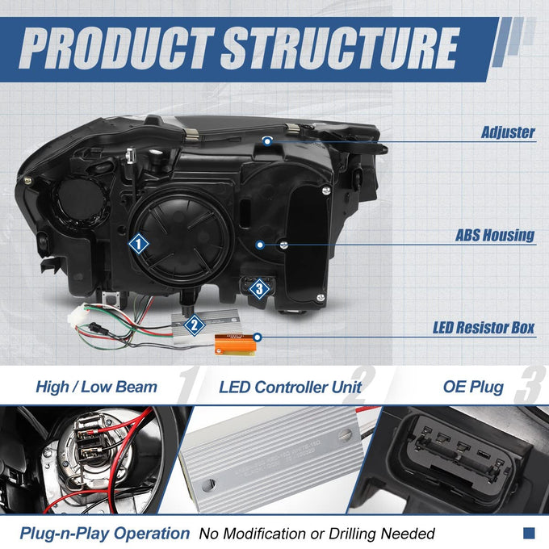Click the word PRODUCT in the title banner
117,48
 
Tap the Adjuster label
508,132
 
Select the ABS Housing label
495,235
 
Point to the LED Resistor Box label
484,328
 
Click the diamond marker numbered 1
139,244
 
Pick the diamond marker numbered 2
195,325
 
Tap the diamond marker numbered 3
259,289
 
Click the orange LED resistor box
235,344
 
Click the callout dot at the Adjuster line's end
267,141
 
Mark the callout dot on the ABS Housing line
260,245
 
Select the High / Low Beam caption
97,388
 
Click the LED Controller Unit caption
291,388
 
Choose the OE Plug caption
473,388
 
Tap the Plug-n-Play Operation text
105,534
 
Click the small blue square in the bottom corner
529,533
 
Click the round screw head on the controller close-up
345,435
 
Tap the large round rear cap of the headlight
182,239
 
